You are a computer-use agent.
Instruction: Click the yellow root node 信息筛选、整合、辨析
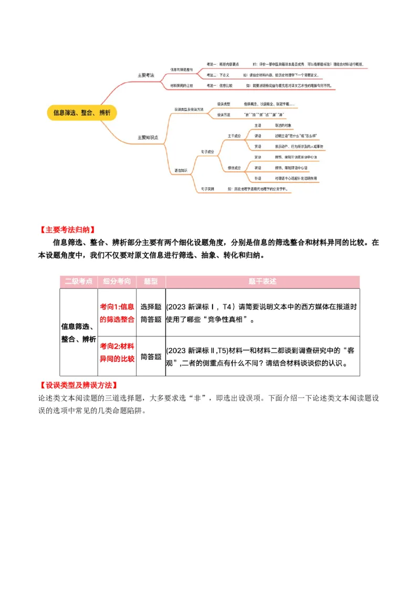(81, 112)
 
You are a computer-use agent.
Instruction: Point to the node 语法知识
(181, 170)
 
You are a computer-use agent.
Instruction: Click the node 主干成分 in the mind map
(234, 136)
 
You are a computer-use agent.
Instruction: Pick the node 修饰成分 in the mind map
(234, 168)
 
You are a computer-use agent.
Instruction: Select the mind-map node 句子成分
(207, 151)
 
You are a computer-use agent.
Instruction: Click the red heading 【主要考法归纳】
(67, 230)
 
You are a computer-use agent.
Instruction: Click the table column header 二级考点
(78, 281)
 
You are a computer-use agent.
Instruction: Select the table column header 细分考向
(117, 281)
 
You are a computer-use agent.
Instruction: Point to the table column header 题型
(151, 281)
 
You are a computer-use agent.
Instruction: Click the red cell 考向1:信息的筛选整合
(117, 312)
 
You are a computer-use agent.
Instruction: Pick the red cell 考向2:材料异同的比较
(117, 352)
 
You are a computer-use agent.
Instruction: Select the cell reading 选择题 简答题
(151, 312)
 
